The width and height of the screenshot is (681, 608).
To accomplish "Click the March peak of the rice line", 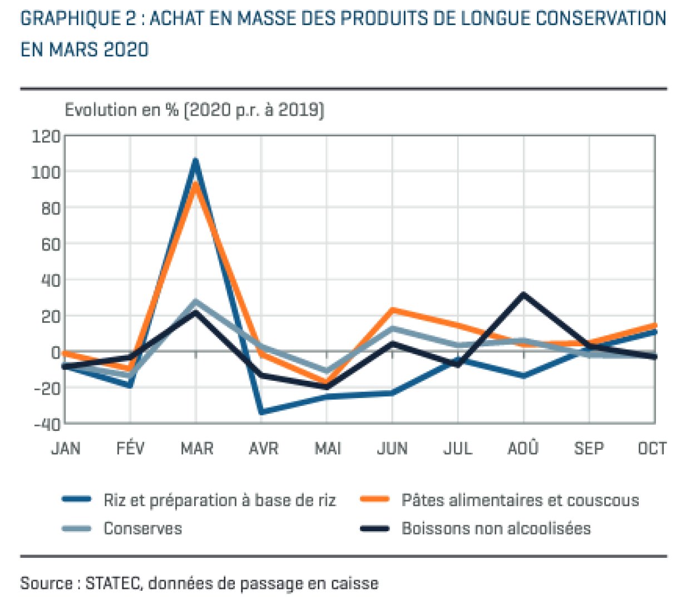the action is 195,160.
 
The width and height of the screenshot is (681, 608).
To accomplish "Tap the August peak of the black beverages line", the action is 523,295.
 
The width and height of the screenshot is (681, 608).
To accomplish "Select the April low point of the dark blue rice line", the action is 261,411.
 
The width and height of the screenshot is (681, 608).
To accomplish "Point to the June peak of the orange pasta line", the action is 392,310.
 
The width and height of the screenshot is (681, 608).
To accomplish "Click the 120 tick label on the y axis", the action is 46,136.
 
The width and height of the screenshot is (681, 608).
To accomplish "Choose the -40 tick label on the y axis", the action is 47,425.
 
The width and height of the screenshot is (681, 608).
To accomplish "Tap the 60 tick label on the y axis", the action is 51,244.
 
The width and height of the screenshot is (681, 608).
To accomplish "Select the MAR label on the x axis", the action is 197,449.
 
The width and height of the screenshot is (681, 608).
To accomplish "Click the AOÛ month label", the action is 523,448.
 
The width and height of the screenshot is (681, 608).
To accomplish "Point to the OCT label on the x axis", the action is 652,449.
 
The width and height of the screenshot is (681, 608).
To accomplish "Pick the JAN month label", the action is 66,449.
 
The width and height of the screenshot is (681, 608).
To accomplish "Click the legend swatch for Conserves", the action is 77,528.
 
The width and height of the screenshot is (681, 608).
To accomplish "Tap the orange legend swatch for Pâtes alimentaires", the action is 374,499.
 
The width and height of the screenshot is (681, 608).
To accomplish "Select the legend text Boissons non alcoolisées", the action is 496,528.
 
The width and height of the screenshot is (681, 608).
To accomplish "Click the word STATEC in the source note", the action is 112,583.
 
